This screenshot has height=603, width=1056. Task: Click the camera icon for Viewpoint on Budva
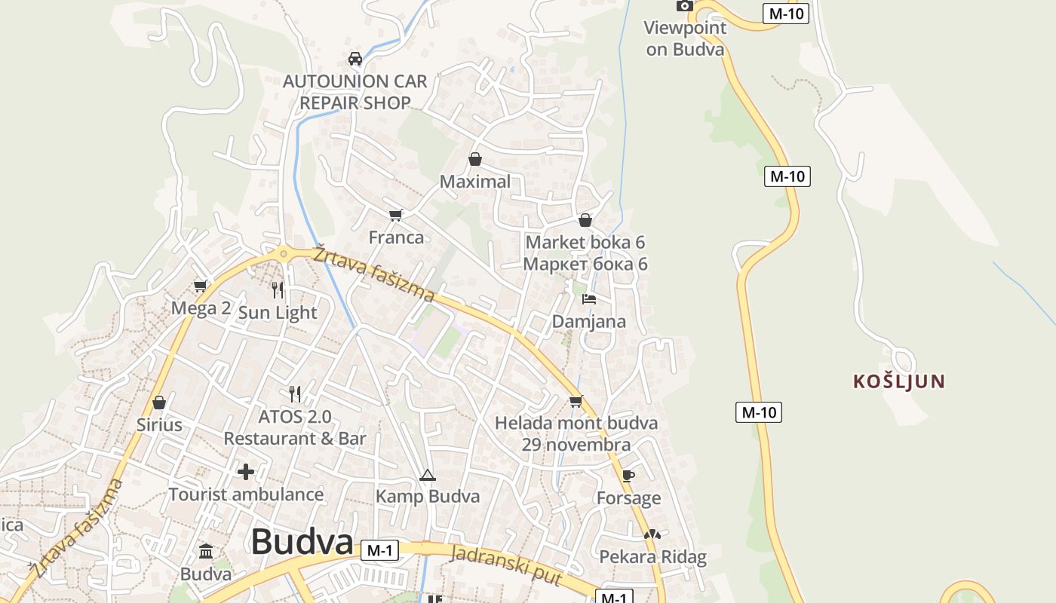684,6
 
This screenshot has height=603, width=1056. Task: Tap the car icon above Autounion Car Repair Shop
355,58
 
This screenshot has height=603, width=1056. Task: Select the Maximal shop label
474,182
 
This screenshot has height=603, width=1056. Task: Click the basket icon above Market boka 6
585,220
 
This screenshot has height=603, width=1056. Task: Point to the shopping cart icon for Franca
396,216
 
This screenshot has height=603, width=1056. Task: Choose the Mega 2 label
201,308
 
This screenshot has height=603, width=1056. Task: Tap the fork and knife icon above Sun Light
278,289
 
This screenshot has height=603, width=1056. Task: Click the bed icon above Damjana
589,299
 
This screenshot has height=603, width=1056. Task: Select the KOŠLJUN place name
898,381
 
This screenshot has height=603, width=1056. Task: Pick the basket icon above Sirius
159,403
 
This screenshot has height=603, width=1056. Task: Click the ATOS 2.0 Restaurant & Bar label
295,427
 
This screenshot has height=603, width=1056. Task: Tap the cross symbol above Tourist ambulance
246,473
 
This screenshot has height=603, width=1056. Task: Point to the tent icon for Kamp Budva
428,475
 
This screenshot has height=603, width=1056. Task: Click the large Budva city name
302,541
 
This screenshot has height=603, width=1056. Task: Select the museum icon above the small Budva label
206,552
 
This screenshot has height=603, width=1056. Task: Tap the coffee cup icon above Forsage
628,476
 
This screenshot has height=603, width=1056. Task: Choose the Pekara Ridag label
652,557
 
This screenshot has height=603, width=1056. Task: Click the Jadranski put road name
506,565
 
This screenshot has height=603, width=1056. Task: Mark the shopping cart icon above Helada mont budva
576,401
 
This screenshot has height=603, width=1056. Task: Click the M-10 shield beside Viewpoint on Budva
785,14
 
